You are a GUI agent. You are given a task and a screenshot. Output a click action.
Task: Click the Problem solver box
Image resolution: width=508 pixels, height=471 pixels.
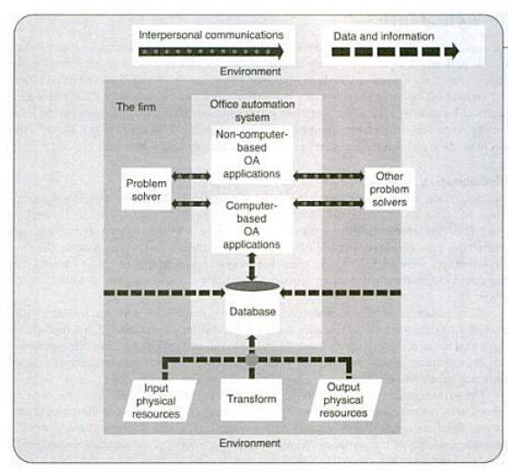coord(146,189)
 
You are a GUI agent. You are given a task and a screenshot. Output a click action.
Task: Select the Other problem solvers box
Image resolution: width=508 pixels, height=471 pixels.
coord(389,189)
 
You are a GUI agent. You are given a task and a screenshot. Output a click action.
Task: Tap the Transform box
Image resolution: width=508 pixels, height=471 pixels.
coord(252,399)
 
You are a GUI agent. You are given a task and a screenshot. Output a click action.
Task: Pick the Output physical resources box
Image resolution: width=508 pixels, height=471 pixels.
coord(345,400)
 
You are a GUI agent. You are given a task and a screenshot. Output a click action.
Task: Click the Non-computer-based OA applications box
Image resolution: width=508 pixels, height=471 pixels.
coord(252,154)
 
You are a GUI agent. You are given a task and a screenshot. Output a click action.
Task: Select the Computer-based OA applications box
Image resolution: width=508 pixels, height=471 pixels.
coord(252,225)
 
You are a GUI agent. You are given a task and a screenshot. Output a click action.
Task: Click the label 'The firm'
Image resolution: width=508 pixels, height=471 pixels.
coord(136,107)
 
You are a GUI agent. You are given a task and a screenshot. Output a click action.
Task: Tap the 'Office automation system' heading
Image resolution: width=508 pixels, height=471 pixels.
coord(253,111)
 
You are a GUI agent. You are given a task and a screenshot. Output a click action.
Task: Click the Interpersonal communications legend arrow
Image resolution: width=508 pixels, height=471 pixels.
coord(211,52)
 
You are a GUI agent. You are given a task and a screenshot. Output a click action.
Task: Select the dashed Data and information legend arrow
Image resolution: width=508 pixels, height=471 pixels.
coord(395,52)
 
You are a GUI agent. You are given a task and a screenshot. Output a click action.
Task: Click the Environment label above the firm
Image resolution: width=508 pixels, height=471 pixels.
coord(251,72)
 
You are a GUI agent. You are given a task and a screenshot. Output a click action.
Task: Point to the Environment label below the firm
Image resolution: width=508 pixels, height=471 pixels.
coord(250,443)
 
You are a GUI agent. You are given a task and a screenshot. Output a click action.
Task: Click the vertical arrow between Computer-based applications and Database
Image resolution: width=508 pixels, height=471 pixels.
coord(252,267)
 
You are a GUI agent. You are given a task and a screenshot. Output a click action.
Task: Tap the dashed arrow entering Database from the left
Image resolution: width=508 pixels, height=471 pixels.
coord(164,293)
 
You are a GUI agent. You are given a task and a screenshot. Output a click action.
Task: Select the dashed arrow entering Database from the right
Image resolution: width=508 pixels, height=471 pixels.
coord(340,293)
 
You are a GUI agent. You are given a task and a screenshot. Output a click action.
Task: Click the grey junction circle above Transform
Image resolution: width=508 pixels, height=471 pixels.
coord(252,360)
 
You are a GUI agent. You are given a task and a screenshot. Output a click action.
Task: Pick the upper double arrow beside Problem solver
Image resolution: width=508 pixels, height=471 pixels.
coord(191,177)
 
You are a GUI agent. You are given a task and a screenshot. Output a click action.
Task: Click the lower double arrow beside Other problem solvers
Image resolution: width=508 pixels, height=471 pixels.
coord(329,204)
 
